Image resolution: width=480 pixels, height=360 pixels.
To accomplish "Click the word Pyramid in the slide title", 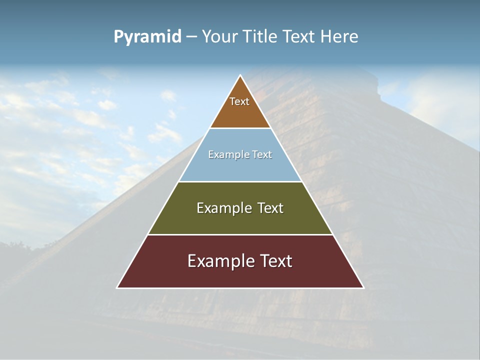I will coord(147,37).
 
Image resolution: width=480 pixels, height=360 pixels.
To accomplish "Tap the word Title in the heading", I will coord(261,36).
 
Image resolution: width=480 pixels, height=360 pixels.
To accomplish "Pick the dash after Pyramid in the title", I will coord(191,37).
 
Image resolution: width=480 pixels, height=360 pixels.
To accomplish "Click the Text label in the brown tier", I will coord(239,102).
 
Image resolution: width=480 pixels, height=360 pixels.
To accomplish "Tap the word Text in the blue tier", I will coord(261,155).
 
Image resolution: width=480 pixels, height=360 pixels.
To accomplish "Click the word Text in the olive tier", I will coord(270,208).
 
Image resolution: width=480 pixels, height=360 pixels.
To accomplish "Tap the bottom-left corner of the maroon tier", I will coord(118,287).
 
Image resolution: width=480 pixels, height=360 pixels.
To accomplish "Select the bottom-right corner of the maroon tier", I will coord(362,287).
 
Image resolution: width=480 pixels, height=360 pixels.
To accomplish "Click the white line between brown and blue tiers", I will coord(240,128).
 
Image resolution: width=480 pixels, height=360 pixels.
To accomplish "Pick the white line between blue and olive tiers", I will coord(240,181).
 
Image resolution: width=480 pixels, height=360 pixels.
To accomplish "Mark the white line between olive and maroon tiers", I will coord(240,234).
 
